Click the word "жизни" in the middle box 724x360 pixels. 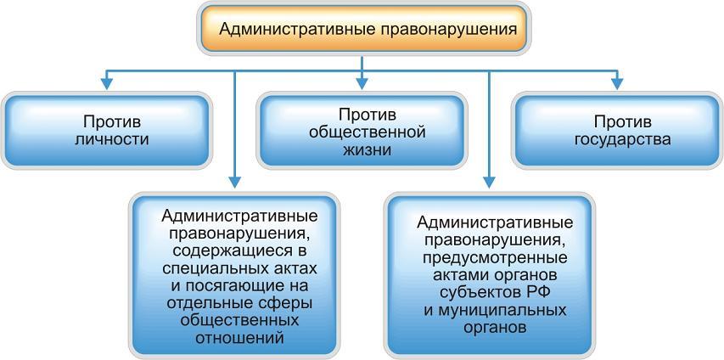coord(362,150)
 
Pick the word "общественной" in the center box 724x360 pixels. coord(362,132)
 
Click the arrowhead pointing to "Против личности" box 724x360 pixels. coord(106,83)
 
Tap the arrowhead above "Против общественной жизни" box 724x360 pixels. coord(362,83)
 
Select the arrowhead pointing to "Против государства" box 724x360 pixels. coord(618,83)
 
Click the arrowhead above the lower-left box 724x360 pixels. coord(234,181)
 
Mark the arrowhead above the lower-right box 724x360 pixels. coord(489,181)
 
